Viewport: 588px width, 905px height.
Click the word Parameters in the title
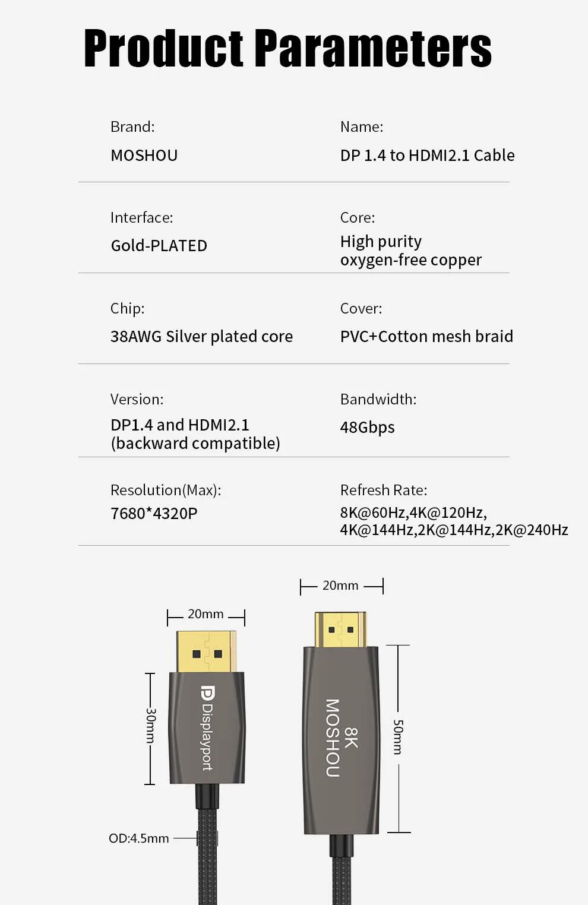coord(373,49)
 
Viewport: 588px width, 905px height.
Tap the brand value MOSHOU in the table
coord(144,156)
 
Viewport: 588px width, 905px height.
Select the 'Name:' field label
coord(361,127)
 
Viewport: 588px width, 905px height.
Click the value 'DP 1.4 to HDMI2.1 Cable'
coord(427,156)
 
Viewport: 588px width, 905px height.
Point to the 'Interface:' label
coord(141,218)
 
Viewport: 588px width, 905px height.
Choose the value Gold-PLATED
coord(159,246)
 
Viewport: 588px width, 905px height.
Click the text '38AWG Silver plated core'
coord(201,337)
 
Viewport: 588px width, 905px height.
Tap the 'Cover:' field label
coord(361,309)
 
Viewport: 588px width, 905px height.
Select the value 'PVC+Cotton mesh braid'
coord(426,337)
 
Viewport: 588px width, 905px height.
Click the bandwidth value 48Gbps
coord(367,428)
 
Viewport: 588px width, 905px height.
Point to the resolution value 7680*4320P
coord(154,514)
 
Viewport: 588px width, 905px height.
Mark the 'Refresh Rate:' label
coord(383,491)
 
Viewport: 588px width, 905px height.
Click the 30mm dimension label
coord(151,725)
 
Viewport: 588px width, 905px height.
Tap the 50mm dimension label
coord(398,737)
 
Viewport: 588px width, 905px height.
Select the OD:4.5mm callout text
coord(138,838)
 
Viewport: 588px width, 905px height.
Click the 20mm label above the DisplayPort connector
coord(206,614)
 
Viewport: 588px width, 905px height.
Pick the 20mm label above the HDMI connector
coord(340,586)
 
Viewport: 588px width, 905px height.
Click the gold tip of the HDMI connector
coord(340,629)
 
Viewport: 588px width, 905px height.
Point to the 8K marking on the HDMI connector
coord(351,738)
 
